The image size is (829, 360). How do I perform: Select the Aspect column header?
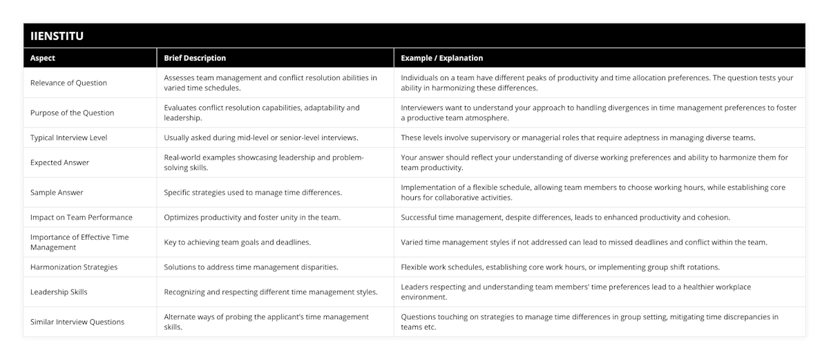tap(43, 58)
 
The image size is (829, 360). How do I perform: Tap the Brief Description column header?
tap(195, 58)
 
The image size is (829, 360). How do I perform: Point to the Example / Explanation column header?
tap(442, 58)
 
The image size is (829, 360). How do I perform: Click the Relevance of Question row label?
tap(69, 83)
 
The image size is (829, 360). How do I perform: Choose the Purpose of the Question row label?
tap(73, 113)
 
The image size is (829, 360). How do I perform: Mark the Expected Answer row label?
tap(61, 162)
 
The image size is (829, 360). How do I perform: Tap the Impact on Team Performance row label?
tap(82, 217)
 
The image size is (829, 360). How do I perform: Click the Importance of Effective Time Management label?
tap(79, 242)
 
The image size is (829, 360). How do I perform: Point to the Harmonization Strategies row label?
tap(74, 267)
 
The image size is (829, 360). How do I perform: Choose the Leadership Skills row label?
tap(59, 292)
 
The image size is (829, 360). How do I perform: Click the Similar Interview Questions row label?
tap(77, 321)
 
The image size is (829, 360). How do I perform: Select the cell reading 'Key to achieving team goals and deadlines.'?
tap(237, 242)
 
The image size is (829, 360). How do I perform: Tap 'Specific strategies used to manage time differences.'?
tap(254, 192)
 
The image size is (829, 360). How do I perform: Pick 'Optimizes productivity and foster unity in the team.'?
tap(251, 217)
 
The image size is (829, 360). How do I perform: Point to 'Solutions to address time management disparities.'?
tap(250, 267)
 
